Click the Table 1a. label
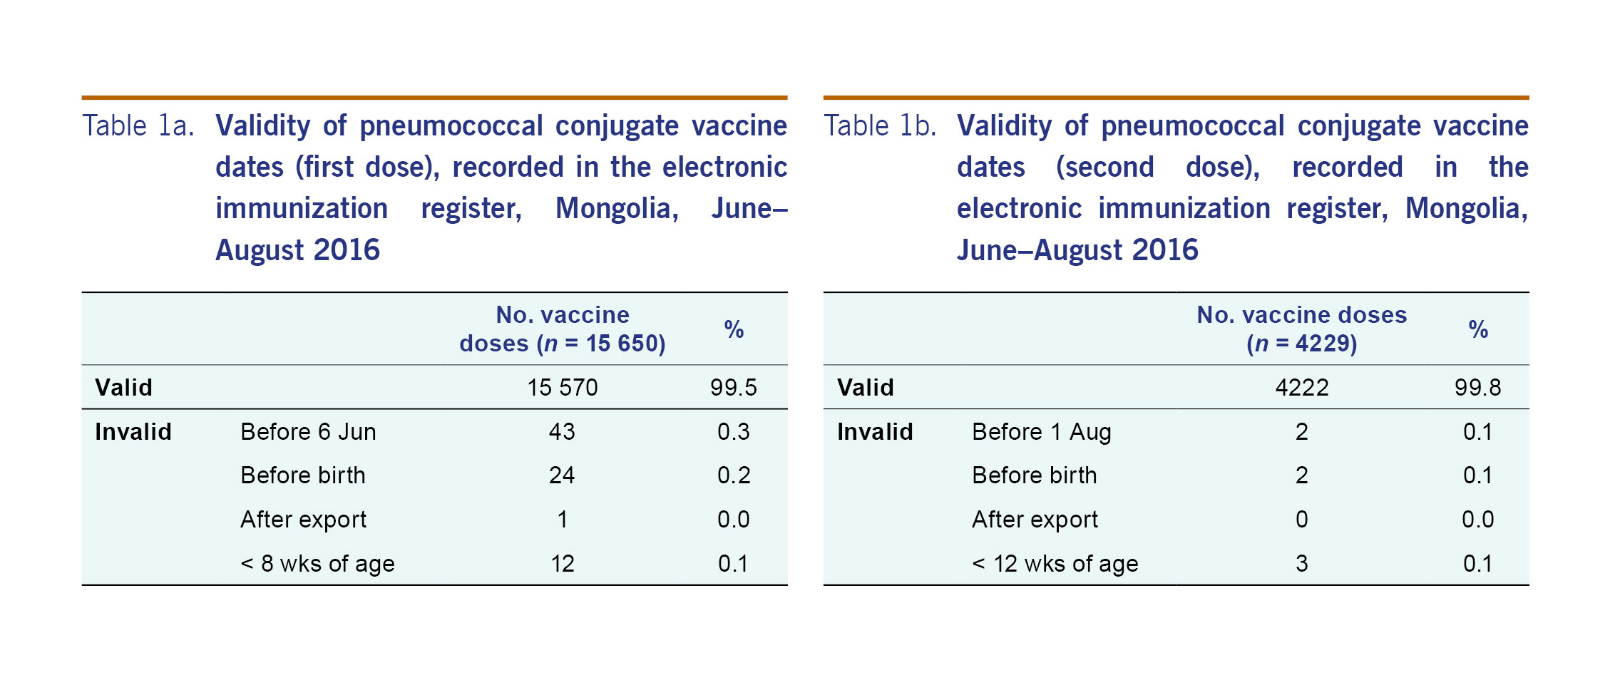pos(138,126)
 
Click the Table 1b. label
pos(879,126)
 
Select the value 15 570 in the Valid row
pos(562,387)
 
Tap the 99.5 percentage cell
pos(733,387)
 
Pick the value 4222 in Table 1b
pos(1301,387)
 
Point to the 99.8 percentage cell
pos(1477,387)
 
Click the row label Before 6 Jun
pos(308,431)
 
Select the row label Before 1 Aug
pos(1041,431)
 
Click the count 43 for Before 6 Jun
pos(562,431)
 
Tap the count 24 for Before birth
pos(562,475)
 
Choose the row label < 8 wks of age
pos(317,563)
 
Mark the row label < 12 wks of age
pos(1055,563)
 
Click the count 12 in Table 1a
pos(562,563)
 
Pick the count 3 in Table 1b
pos(1301,563)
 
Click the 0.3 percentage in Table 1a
pos(733,431)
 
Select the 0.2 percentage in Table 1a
pos(733,475)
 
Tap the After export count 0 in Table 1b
pos(1301,519)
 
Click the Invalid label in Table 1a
pos(133,431)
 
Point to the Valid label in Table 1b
pos(865,387)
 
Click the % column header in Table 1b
pos(1477,329)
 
